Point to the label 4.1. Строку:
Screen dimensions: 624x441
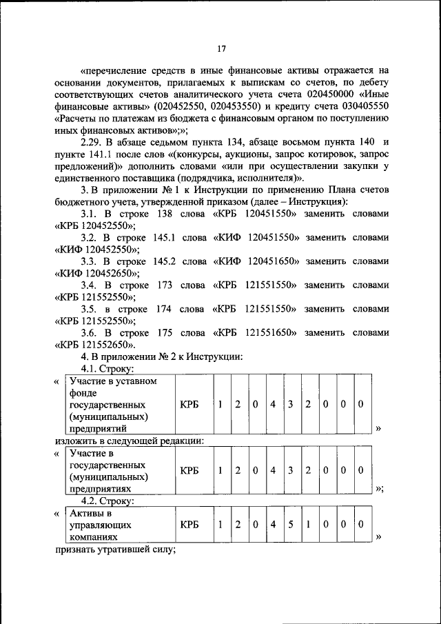click(107, 369)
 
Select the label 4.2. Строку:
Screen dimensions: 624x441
click(107, 501)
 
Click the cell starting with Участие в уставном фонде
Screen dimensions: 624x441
click(118, 404)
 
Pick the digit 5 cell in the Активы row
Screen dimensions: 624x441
click(291, 525)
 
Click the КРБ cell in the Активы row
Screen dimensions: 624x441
click(189, 525)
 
